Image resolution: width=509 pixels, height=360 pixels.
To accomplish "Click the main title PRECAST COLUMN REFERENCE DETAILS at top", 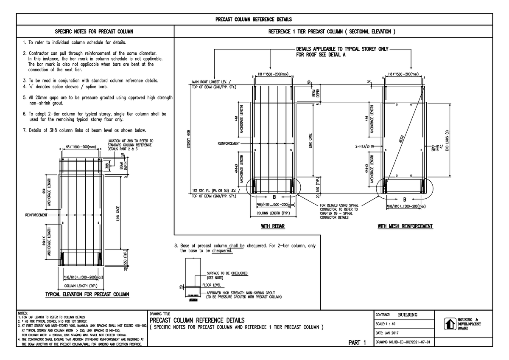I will click(254, 20).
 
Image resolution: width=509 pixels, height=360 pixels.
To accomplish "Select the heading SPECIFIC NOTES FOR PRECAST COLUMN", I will click(94, 31).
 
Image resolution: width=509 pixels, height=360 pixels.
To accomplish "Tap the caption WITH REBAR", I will click(272, 227).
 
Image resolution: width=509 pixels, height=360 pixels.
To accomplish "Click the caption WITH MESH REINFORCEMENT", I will click(405, 227).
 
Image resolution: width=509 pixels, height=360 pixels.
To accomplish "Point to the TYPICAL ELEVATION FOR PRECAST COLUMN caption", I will click(87, 295).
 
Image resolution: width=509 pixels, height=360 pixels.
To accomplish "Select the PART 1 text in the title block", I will click(357, 343).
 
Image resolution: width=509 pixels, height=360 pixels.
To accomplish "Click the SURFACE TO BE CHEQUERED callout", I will click(227, 273).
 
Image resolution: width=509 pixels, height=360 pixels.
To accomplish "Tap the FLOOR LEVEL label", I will click(216, 285).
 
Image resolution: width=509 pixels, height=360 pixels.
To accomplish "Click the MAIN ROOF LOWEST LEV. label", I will click(212, 82).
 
